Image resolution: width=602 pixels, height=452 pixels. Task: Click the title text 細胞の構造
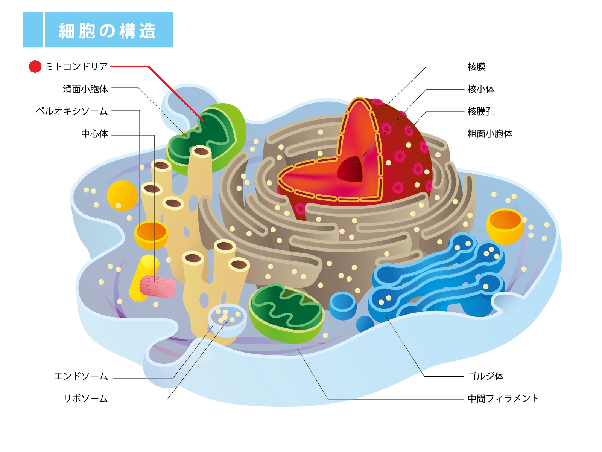[107, 31]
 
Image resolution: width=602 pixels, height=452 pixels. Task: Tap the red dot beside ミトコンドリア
[35, 67]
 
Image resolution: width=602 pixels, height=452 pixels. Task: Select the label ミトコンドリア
[76, 67]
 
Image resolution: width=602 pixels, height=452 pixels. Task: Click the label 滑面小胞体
[85, 89]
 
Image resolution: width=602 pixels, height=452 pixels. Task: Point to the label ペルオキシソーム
[72, 111]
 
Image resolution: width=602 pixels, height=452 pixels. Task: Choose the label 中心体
[94, 134]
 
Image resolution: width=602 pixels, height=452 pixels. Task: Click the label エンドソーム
[81, 376]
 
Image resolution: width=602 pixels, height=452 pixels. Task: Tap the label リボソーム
[85, 399]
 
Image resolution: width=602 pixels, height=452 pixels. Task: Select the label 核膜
[476, 67]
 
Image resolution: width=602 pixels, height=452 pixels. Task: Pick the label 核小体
[481, 89]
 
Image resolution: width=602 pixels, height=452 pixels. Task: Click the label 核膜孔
[481, 111]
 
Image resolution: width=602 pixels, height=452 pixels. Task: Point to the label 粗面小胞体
[490, 134]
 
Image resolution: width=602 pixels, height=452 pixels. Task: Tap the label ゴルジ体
[485, 376]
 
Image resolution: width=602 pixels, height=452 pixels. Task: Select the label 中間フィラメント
[503, 399]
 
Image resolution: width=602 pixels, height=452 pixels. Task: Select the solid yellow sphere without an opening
[122, 195]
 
